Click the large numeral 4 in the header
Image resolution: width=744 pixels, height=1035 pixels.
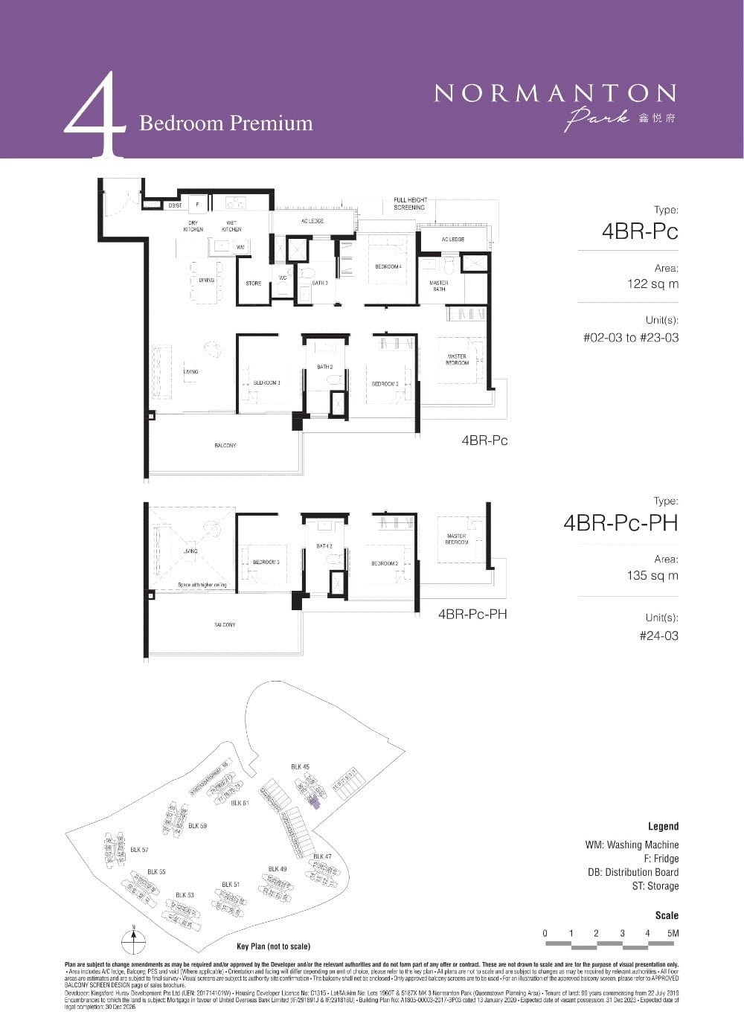(95, 115)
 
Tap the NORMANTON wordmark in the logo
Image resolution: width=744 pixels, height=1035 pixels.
(555, 93)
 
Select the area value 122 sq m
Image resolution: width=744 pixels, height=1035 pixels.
(652, 283)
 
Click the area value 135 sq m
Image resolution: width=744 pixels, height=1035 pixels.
(652, 575)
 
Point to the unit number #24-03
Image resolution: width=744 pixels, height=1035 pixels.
(658, 635)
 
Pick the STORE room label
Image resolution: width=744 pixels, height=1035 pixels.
(253, 283)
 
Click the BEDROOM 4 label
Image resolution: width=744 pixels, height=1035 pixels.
(388, 266)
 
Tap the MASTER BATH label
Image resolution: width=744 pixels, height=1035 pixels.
(439, 286)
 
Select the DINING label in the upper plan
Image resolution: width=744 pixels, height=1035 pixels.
(206, 281)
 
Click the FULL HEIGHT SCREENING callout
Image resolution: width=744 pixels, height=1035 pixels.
(409, 203)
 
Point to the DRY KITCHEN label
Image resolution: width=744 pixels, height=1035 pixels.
(193, 226)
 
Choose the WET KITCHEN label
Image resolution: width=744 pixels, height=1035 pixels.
(231, 226)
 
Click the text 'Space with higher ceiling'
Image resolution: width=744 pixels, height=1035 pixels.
(202, 585)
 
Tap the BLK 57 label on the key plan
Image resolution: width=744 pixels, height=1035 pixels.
(139, 849)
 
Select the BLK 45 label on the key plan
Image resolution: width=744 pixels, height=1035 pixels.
(300, 766)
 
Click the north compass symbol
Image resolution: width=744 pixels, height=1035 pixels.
(133, 940)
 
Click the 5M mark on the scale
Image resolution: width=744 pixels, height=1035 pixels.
(673, 933)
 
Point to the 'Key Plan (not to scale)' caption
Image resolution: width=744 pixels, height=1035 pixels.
(273, 946)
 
